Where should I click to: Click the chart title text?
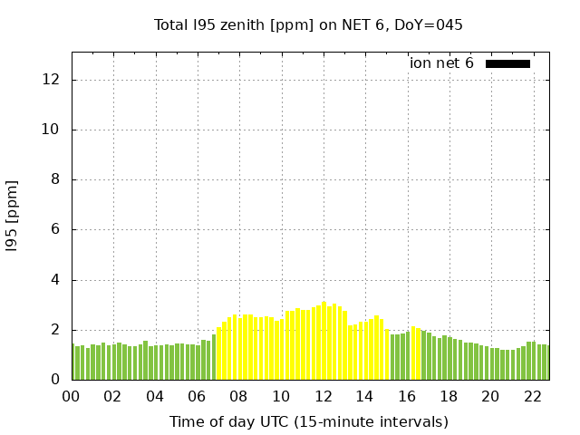point(308,24)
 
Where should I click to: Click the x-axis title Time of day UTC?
point(308,421)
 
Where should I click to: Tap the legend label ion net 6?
point(441,63)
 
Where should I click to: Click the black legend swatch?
point(507,63)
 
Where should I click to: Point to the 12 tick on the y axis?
point(52,80)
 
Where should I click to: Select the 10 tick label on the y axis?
point(52,130)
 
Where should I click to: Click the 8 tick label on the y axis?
point(55,179)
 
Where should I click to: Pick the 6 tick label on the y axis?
point(55,229)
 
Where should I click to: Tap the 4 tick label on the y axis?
point(55,280)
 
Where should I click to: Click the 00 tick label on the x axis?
point(71,396)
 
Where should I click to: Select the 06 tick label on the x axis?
point(197,396)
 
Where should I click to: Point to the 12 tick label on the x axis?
point(323,396)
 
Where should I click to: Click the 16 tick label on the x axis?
point(406,396)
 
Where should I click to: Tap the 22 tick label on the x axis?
point(532,396)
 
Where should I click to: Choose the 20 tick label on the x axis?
point(490,396)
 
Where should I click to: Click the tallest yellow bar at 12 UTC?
point(324,341)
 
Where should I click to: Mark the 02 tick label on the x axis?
point(113,396)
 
